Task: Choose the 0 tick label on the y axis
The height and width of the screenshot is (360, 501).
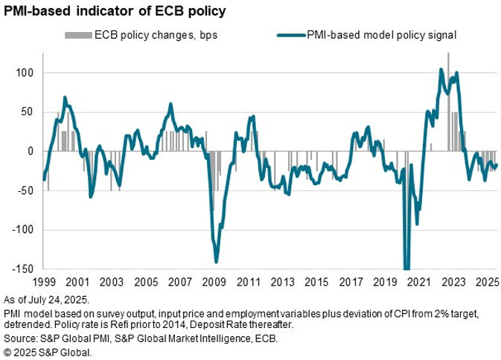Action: pos(31,151)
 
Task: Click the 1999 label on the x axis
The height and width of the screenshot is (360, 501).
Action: pos(44,283)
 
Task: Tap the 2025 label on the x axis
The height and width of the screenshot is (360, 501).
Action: pos(487,283)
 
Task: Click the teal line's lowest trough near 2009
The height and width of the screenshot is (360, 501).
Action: pos(216,261)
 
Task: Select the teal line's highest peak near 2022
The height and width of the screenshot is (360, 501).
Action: pos(441,70)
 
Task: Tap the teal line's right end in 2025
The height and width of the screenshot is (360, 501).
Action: pos(497,165)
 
